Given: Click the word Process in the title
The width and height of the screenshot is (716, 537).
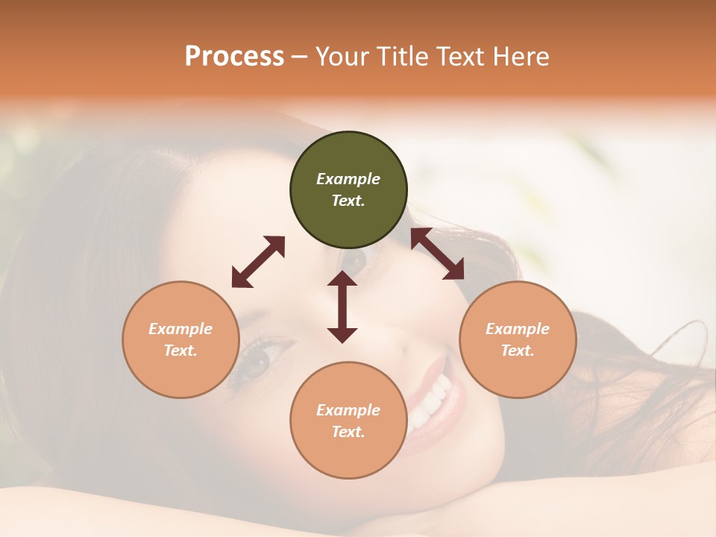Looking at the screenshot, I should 234,57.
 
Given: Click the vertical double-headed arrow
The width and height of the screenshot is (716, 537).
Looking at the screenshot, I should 342,307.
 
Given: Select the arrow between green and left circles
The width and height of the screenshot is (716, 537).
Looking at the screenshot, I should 258,262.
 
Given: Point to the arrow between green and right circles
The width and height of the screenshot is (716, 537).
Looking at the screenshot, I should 438,254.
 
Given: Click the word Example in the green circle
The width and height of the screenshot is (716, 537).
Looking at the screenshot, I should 348,179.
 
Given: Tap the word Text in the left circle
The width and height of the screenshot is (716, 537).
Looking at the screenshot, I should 180,351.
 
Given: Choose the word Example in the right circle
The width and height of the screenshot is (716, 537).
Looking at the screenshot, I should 518,329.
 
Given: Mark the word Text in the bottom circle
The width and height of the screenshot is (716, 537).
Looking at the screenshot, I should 348,432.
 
